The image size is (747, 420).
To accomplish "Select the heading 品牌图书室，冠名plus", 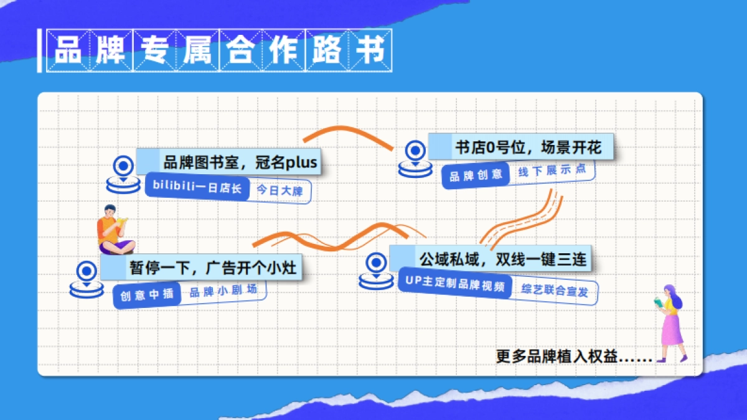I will coord(240,163).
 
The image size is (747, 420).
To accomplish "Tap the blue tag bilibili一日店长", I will coord(197,187).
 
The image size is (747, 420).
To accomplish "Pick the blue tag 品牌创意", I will coord(476,175).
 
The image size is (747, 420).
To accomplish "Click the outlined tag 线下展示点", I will coord(552,171).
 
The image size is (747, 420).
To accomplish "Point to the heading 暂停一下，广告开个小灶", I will coord(212,268).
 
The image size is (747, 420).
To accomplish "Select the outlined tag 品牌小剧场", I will coord(222,291).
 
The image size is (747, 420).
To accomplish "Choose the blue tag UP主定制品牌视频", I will coord(454,285).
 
